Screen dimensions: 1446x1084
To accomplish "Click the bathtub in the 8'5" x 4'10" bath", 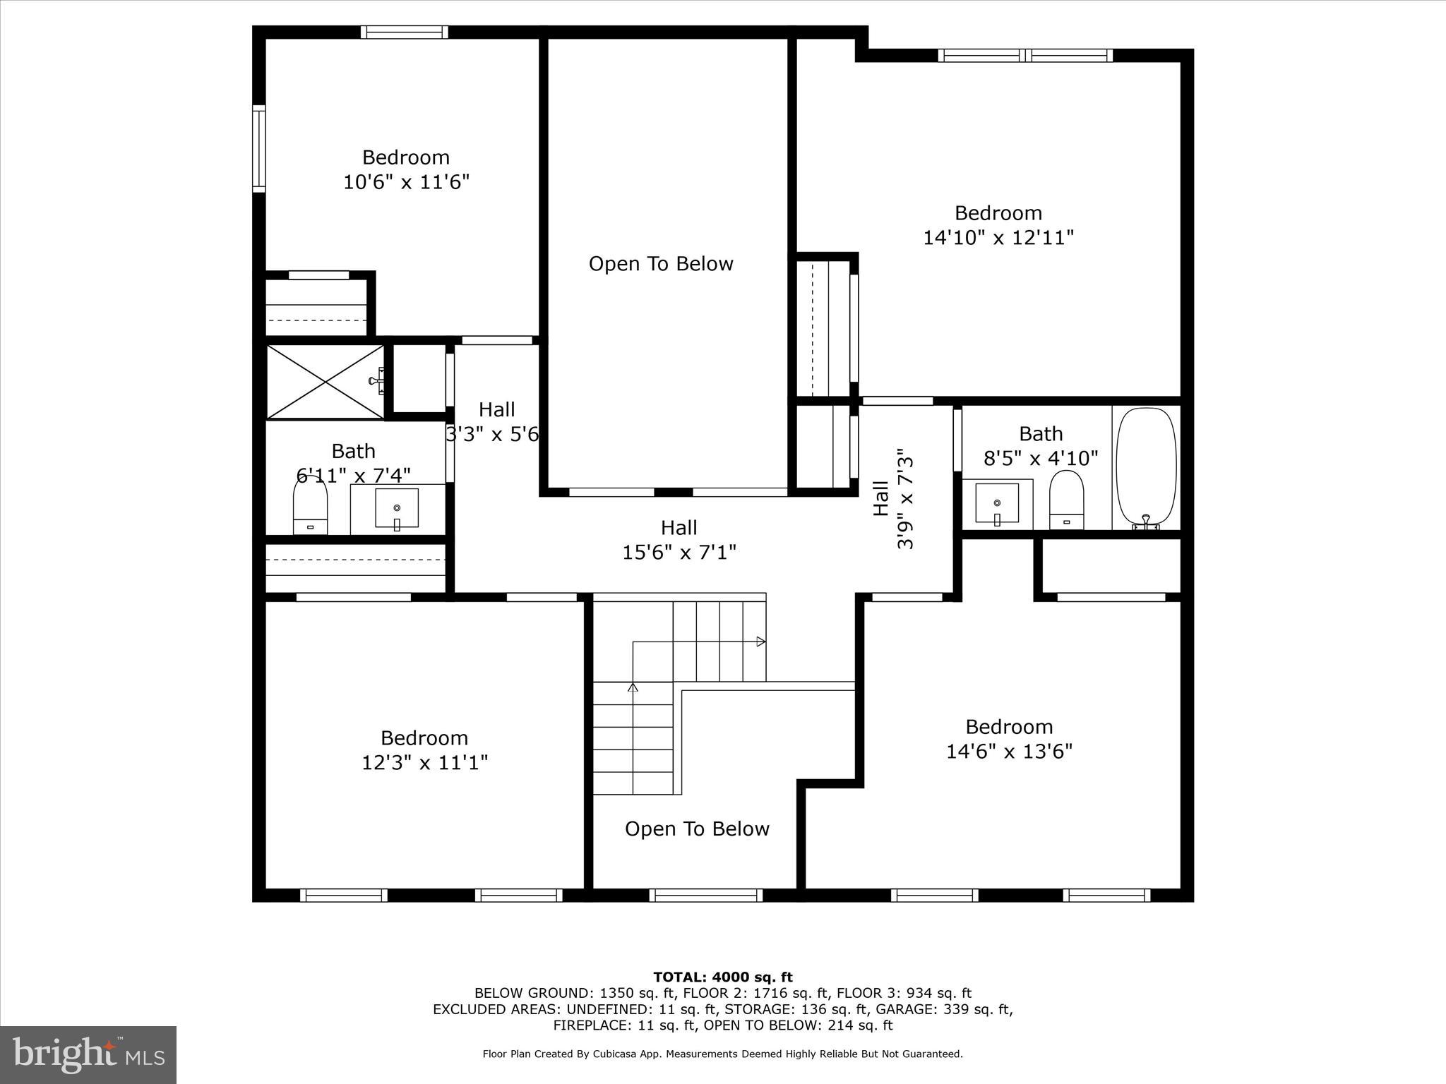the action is pos(1145,468).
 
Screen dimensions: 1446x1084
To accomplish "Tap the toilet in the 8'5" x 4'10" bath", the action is pos(1066,500).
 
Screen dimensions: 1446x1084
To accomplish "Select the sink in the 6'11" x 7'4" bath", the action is pos(396,508).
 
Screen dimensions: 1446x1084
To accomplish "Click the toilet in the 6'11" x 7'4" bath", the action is pos(310,504).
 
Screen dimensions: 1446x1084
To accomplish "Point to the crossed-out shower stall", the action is pos(325,382).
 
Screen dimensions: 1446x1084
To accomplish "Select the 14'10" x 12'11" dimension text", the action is pos(998,237).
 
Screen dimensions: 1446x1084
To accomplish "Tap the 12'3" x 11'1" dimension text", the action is pos(424,762).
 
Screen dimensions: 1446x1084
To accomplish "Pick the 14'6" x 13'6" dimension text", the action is pos(1009,751).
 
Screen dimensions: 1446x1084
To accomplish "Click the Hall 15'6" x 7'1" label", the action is pos(679,540).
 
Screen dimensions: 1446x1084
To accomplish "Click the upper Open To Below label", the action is pos(661,264).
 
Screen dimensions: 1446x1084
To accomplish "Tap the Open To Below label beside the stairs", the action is pos(697,829).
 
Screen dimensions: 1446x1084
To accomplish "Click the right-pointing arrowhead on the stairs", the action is pos(761,642).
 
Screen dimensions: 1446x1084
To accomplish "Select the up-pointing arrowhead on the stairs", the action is pos(633,687).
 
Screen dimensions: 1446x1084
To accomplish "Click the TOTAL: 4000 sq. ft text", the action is pos(723,977).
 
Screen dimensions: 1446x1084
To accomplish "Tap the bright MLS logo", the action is pos(88,1055).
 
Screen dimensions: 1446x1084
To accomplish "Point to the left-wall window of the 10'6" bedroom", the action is pos(259,148).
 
